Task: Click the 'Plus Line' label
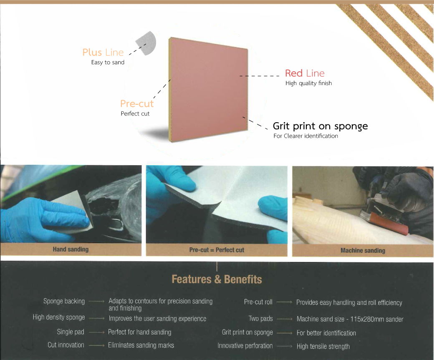click(x=103, y=52)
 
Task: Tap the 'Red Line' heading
click(x=305, y=73)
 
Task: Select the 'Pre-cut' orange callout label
click(x=137, y=103)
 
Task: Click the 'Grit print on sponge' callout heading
click(x=320, y=126)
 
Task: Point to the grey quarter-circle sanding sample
click(x=147, y=43)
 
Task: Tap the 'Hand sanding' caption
click(x=71, y=249)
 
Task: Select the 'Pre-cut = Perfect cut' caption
click(x=217, y=250)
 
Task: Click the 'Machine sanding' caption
click(x=363, y=250)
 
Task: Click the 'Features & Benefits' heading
click(x=217, y=279)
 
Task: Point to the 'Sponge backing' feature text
click(x=64, y=301)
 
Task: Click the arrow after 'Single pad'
click(x=96, y=332)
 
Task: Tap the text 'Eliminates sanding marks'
click(x=141, y=345)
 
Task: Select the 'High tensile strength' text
click(x=323, y=346)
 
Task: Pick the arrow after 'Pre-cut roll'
click(x=284, y=302)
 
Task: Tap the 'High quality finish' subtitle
click(x=309, y=83)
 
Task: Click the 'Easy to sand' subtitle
click(x=108, y=62)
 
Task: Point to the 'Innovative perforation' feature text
click(x=245, y=346)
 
